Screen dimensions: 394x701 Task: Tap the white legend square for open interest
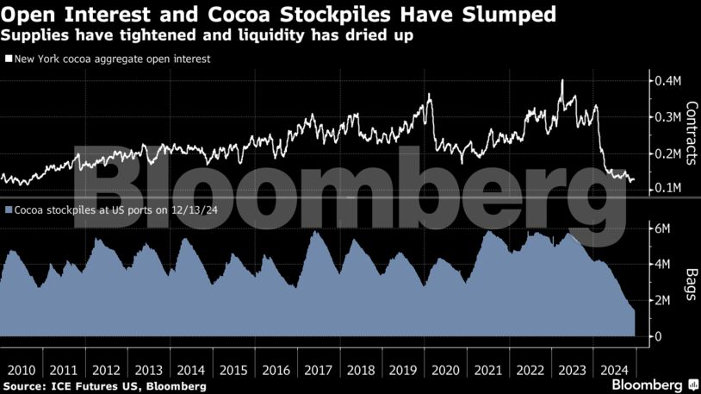click(9, 59)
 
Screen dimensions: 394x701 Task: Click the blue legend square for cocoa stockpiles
click(9, 210)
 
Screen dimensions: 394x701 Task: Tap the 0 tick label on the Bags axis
click(658, 336)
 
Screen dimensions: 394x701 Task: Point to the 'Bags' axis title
click(691, 282)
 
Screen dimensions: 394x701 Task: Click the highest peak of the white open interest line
click(562, 80)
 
